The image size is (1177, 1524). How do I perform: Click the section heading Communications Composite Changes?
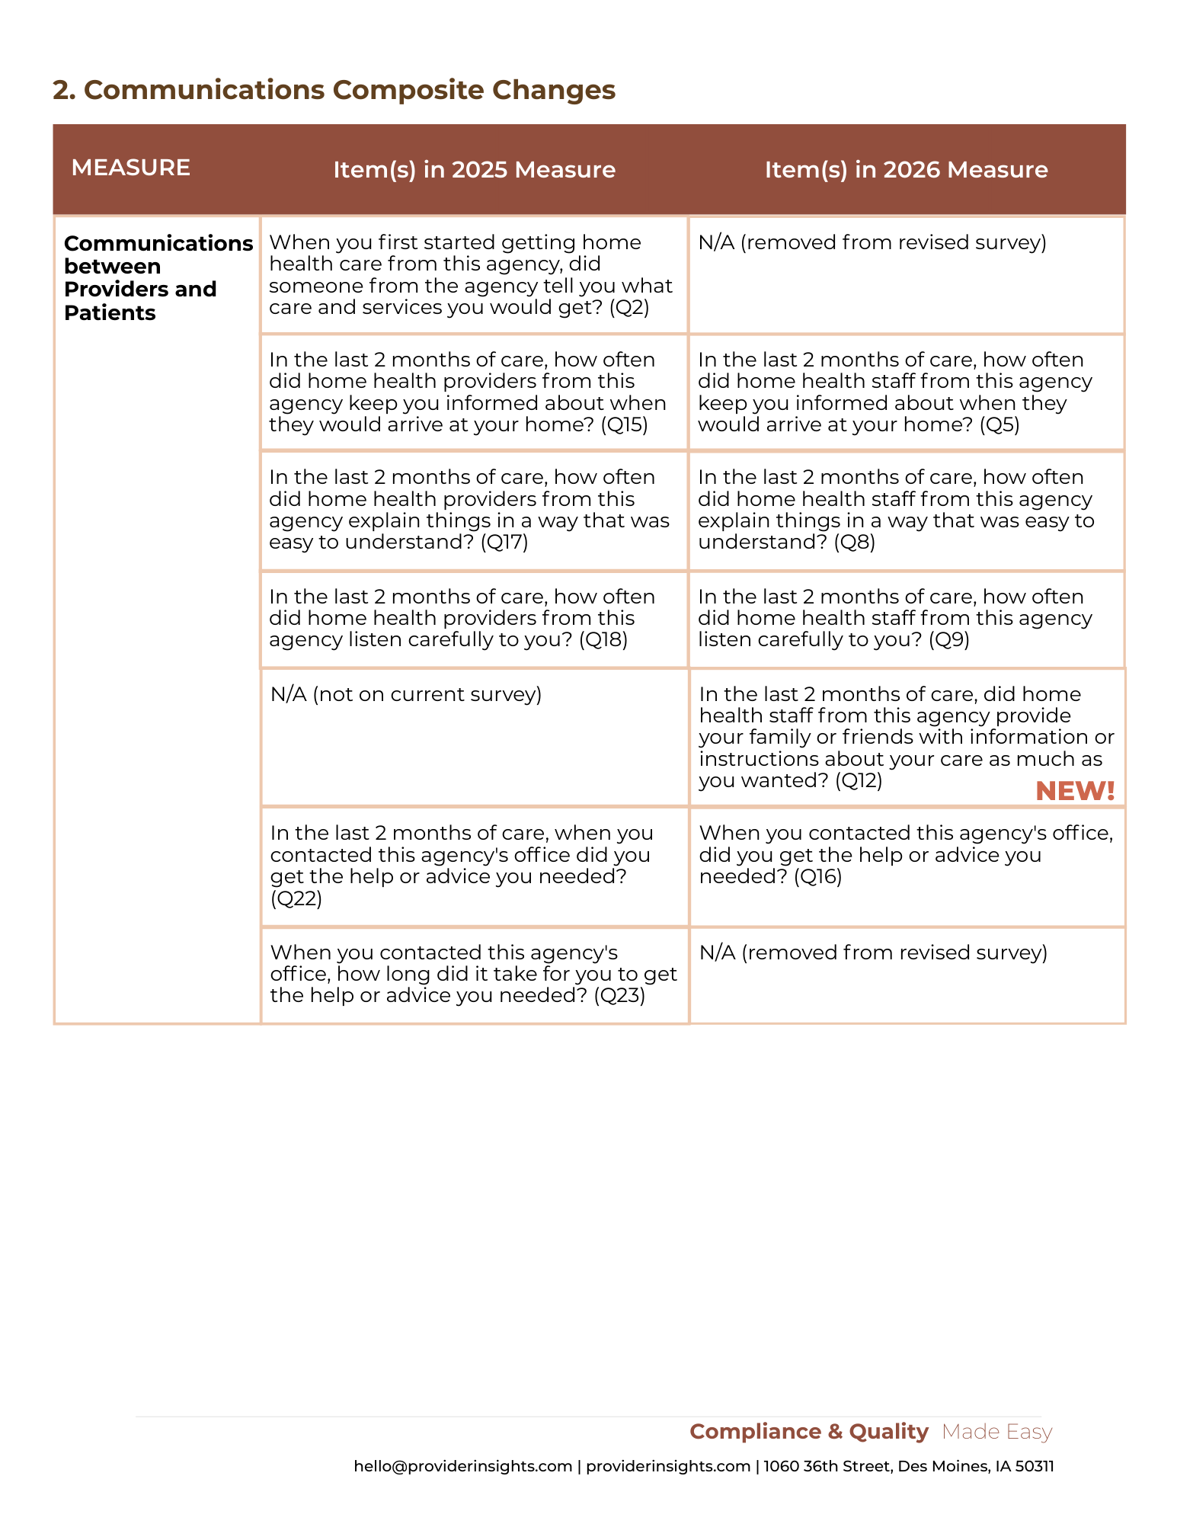click(x=334, y=90)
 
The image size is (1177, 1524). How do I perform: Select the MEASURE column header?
click(x=130, y=168)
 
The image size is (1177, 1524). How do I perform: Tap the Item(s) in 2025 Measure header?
click(x=474, y=169)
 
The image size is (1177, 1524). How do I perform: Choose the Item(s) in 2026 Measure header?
click(x=906, y=169)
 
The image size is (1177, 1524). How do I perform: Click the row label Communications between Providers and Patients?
click(x=157, y=277)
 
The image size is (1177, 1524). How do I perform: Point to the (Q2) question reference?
click(x=629, y=307)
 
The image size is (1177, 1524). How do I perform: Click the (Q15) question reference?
click(x=624, y=424)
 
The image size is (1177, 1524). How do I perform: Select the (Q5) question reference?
click(x=999, y=424)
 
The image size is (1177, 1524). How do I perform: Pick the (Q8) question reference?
click(x=854, y=542)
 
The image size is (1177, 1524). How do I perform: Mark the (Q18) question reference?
click(x=603, y=639)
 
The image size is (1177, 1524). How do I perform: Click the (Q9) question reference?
click(x=949, y=639)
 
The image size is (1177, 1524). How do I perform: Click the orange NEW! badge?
click(x=1075, y=791)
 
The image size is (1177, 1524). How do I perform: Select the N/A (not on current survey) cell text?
click(x=406, y=694)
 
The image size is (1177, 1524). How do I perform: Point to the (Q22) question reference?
click(x=296, y=898)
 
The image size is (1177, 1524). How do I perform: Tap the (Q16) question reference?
click(x=817, y=876)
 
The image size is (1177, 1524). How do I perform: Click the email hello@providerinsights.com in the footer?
click(x=463, y=1466)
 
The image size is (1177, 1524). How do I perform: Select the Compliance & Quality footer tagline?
click(x=809, y=1432)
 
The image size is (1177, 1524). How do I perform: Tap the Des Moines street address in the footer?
click(x=909, y=1466)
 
